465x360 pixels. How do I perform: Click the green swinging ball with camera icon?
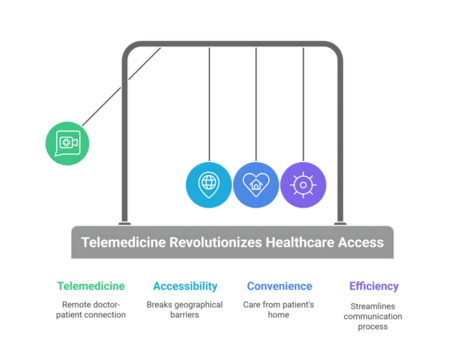(67, 143)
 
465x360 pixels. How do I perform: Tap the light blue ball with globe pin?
(208, 185)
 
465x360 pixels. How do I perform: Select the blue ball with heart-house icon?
(256, 185)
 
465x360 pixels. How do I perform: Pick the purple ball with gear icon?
(303, 185)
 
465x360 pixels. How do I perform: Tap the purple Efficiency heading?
(374, 285)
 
